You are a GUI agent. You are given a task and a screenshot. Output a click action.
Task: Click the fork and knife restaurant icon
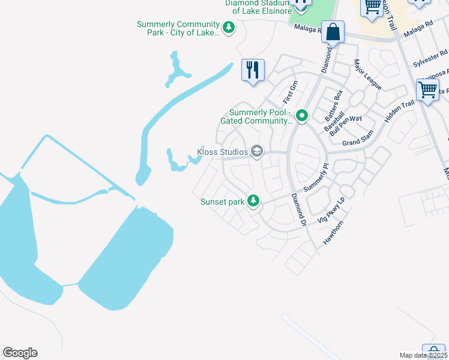click(253, 70)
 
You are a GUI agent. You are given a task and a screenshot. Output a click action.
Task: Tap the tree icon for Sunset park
click(254, 201)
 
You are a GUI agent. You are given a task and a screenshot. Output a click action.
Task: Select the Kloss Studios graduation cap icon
click(257, 151)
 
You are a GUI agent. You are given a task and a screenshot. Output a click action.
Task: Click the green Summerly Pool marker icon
click(302, 115)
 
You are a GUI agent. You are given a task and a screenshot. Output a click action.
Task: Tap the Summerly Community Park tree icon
click(228, 27)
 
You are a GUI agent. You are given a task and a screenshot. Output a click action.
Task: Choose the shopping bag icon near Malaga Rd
click(333, 32)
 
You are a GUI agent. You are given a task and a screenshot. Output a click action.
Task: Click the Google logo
click(20, 353)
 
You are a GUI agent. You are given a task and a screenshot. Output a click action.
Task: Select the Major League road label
click(367, 74)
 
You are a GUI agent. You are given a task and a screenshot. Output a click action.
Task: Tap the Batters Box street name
click(334, 102)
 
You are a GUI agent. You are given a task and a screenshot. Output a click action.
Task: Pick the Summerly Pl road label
click(316, 178)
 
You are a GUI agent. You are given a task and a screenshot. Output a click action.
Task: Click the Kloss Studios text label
click(223, 152)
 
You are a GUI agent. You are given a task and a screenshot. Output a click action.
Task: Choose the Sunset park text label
click(222, 202)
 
